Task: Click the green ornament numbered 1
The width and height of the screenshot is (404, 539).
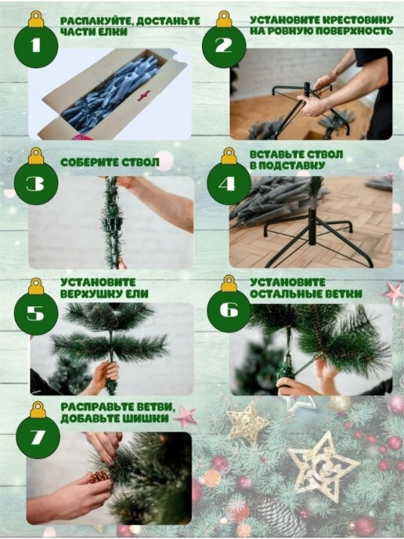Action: (36, 46)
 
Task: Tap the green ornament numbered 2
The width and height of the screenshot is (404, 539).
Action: (224, 46)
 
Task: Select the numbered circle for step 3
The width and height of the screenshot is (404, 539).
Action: (36, 183)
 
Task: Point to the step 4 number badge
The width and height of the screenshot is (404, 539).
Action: (229, 184)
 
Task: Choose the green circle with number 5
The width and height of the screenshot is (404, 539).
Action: (36, 313)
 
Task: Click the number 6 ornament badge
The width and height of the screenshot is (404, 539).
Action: (229, 310)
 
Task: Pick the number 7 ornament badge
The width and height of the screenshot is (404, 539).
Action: (38, 437)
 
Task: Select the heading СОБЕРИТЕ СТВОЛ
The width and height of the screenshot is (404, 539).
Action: (110, 162)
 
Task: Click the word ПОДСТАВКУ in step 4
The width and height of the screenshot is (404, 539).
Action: (291, 165)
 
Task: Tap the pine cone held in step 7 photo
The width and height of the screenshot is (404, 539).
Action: (99, 477)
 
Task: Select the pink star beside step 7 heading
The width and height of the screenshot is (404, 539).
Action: (186, 417)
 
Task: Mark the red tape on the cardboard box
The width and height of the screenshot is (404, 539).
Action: (144, 96)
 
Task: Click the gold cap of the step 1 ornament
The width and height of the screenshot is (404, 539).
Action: (36, 20)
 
